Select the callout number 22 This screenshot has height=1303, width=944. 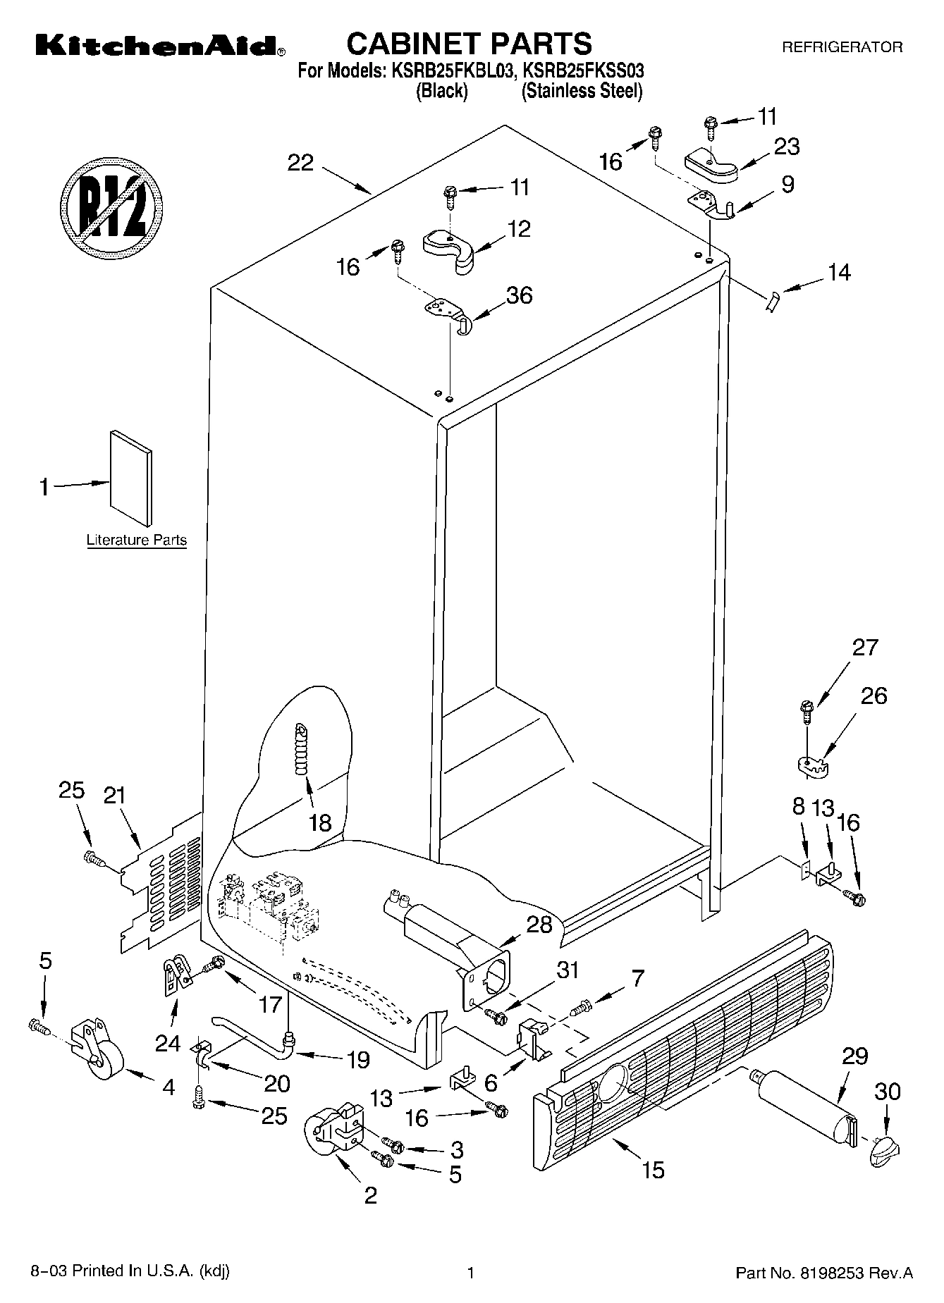[300, 163]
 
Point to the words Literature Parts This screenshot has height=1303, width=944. [136, 541]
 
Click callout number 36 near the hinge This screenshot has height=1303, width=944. [520, 295]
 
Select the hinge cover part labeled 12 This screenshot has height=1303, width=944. [452, 250]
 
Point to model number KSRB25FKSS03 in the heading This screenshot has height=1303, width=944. [582, 70]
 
